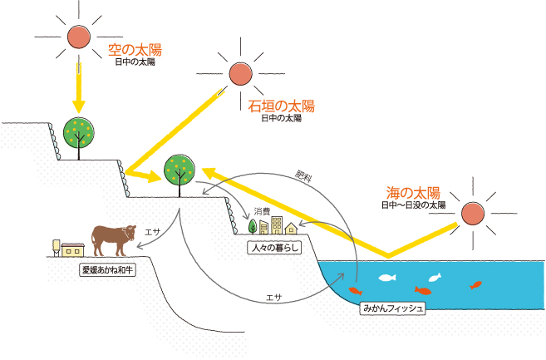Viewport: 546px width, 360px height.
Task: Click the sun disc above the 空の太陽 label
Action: tap(77, 37)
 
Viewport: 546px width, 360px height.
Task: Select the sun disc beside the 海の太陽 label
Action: tap(474, 214)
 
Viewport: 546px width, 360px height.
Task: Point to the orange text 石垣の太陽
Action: tap(282, 106)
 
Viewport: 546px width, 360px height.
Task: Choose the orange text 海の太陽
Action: tap(413, 191)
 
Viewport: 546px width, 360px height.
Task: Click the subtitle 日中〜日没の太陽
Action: tap(413, 205)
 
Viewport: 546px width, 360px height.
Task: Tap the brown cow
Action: tap(112, 239)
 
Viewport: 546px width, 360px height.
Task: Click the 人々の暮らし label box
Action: tap(273, 248)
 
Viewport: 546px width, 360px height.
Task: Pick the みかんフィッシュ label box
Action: tap(393, 308)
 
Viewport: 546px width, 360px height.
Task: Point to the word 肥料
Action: tap(304, 176)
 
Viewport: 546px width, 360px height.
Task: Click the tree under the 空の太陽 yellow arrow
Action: tap(79, 135)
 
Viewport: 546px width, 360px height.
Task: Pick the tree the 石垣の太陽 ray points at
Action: tap(180, 172)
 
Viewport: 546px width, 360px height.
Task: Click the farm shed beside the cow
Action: tap(69, 248)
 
